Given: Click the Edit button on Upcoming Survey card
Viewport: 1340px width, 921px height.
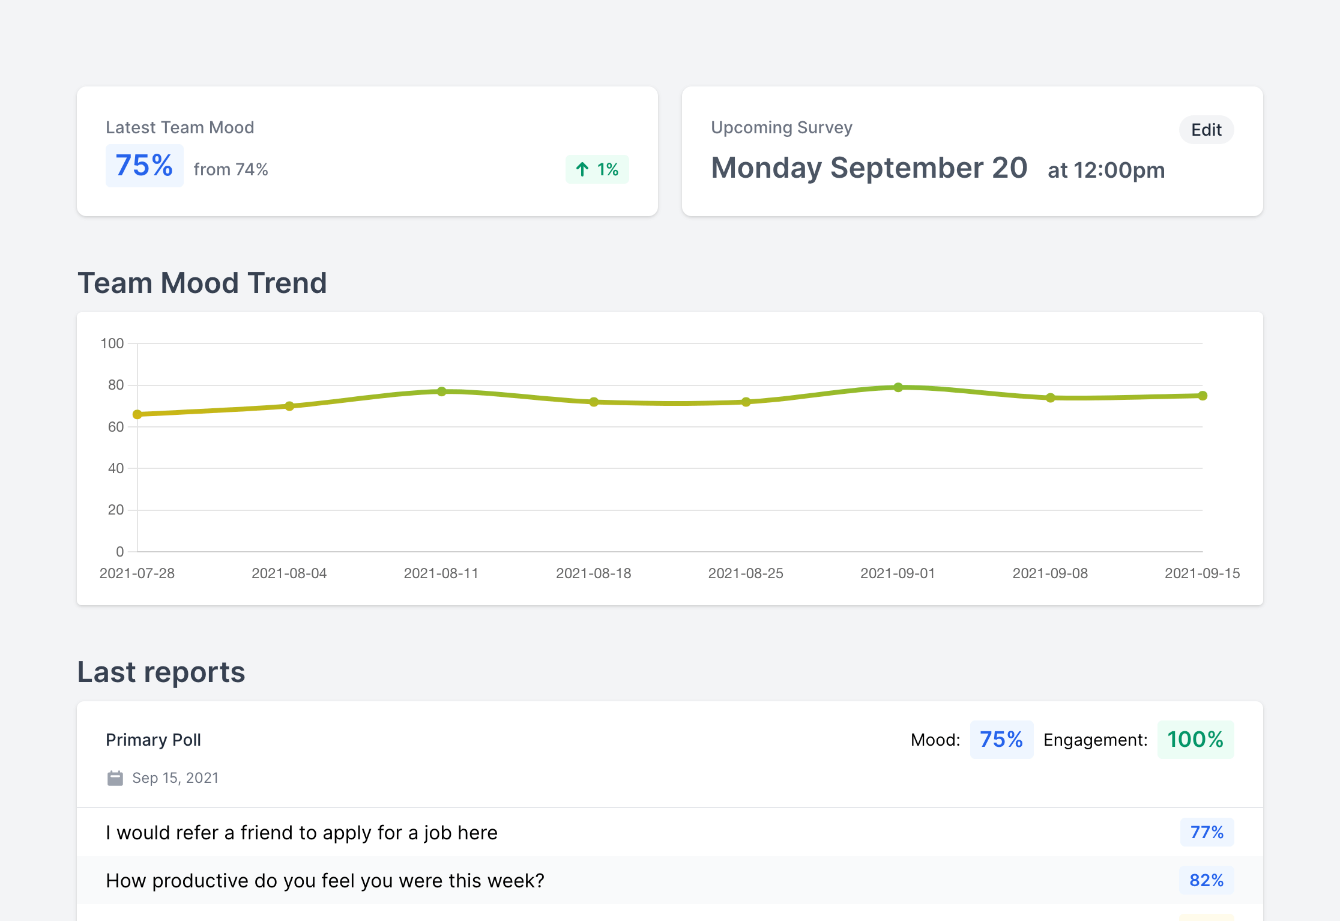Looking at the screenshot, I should [1206, 130].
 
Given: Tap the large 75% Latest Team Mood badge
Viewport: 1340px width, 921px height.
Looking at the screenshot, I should [144, 166].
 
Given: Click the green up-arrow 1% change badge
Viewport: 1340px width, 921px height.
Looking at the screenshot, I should [597, 169].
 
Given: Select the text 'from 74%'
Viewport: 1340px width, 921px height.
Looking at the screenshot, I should [231, 169].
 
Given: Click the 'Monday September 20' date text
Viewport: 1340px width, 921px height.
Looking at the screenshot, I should [869, 168].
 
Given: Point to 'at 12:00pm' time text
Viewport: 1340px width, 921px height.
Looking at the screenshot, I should [1106, 170].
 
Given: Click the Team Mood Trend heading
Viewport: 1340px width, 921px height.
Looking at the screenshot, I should [202, 283].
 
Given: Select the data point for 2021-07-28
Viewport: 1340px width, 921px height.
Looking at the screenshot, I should [137, 414].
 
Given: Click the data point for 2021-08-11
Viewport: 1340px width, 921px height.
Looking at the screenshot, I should [442, 391].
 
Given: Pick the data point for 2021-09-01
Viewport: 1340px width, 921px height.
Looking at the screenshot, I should [898, 387].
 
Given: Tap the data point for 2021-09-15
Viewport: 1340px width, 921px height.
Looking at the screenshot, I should [1203, 396].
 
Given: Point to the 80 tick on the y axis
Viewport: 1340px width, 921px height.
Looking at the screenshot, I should [116, 385].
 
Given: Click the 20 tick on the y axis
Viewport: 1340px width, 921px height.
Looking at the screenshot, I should [116, 510].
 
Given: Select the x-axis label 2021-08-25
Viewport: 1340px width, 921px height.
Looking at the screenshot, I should [746, 573].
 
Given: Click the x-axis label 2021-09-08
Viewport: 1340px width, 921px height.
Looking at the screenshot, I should [1050, 573].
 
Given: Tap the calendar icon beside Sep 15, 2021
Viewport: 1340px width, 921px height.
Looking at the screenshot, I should [115, 778].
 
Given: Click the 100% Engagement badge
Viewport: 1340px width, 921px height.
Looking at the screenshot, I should [1195, 740].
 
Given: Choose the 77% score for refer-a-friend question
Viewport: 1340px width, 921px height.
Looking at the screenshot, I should [1207, 832].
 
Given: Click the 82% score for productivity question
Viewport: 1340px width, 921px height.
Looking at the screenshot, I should [1207, 880].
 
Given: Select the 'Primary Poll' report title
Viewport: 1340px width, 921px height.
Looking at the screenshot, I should [153, 740].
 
